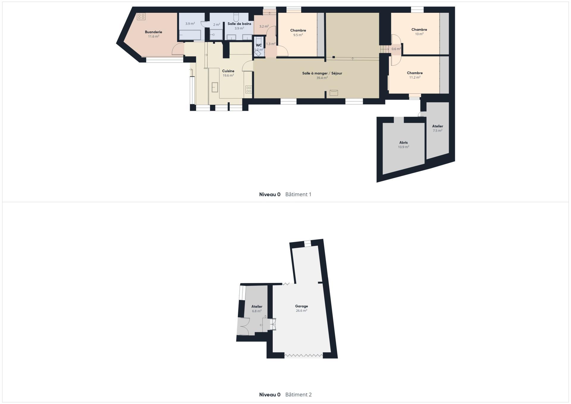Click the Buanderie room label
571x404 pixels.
pos(153,32)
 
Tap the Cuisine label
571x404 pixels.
pos(228,71)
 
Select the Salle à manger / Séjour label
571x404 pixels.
pos(322,73)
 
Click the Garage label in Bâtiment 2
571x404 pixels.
pos(301,306)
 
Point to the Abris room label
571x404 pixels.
pos(404,143)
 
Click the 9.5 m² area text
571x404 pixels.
pos(298,35)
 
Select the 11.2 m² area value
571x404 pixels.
pos(415,77)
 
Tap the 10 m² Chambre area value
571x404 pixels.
pos(419,34)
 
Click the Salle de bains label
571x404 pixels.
pos(239,24)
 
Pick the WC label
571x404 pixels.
pos(259,45)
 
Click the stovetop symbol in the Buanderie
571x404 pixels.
pos(141,16)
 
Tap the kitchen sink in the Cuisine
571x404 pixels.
pos(215,87)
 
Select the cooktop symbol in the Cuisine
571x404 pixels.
pos(249,89)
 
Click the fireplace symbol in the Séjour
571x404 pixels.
pos(334,93)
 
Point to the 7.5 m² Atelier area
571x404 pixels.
pos(437,131)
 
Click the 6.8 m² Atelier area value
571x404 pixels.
pos(257,311)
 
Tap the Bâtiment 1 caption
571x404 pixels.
pos(298,194)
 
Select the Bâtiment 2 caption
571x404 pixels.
pos(299,394)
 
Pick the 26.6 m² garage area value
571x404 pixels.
pos(301,311)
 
